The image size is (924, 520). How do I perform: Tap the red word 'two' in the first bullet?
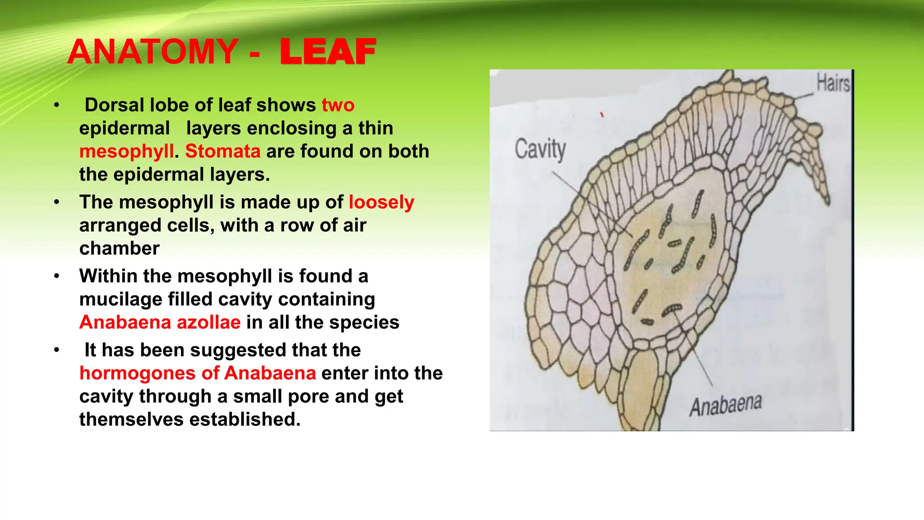(x=338, y=105)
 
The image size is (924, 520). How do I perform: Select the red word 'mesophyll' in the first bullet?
(x=126, y=152)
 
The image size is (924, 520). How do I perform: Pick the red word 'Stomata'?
(x=222, y=151)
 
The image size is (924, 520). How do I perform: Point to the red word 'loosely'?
(x=381, y=203)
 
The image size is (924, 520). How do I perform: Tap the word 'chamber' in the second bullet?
(x=119, y=248)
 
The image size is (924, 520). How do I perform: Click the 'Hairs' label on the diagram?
(x=833, y=84)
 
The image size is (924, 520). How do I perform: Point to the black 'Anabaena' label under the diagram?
(x=725, y=405)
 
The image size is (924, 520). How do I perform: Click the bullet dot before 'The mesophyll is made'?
(x=56, y=202)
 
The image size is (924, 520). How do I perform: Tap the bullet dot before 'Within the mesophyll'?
(x=56, y=276)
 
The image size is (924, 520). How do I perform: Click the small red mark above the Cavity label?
(x=602, y=115)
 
